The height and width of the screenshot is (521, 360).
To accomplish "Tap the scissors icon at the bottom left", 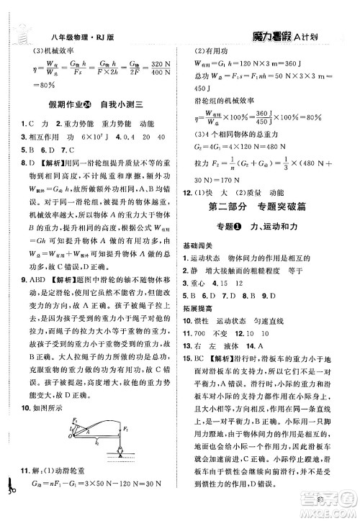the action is click(x=9, y=507).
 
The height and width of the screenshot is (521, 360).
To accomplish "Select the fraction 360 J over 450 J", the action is click(x=266, y=118).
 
